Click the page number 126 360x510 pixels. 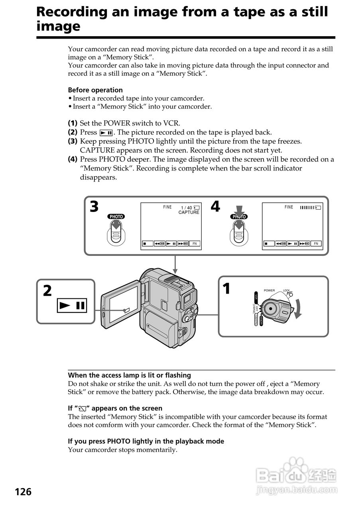pyautogui.click(x=23, y=492)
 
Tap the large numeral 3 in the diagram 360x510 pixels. pyautogui.click(x=94, y=207)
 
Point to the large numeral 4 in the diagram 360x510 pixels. pyautogui.click(x=215, y=207)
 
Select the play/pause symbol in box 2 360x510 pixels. pyautogui.click(x=72, y=306)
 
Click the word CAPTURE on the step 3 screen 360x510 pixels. pyautogui.click(x=189, y=213)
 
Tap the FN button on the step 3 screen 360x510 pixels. pyautogui.click(x=195, y=243)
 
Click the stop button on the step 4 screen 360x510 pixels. pyautogui.click(x=269, y=243)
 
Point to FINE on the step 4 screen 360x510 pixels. pyautogui.click(x=289, y=207)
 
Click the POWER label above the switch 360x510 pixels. pyautogui.click(x=269, y=290)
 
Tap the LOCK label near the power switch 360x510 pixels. pyautogui.click(x=286, y=290)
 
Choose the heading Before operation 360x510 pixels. pyautogui.click(x=95, y=90)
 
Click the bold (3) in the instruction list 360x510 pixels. pyautogui.click(x=73, y=141)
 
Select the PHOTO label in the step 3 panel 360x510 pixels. pyautogui.click(x=116, y=216)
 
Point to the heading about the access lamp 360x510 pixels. pyautogui.click(x=129, y=375)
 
